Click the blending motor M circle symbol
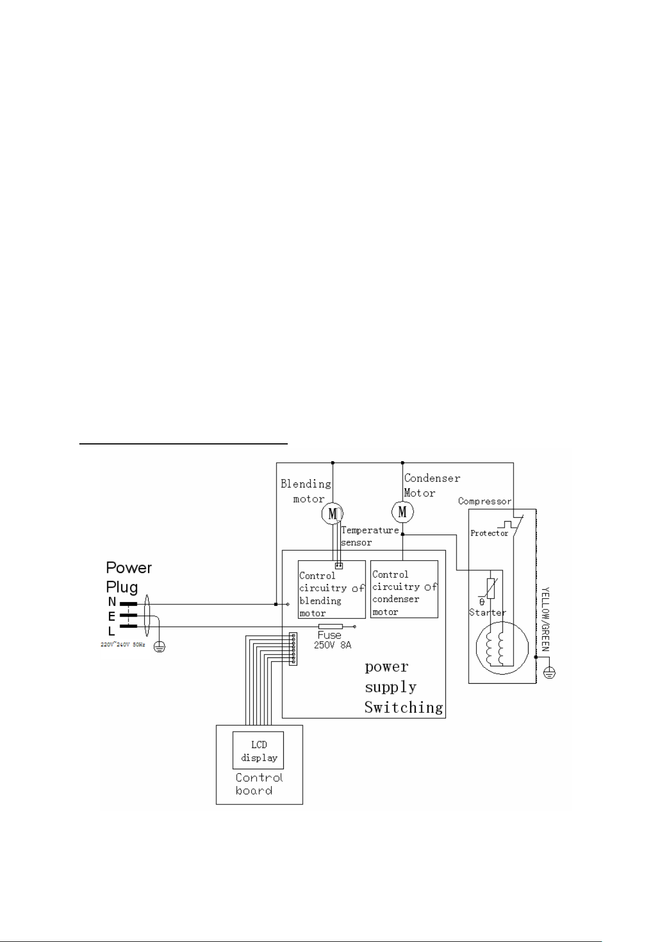332,513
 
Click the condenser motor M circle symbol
402,511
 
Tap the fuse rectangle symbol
330,627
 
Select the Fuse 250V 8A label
332,640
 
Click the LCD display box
258,750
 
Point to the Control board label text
258,784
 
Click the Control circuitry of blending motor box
331,589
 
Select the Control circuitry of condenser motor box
404,589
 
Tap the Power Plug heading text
129,577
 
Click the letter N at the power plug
112,603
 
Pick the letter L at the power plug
112,632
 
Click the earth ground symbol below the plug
159,647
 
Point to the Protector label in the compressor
489,533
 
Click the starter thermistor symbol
491,588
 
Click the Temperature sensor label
369,536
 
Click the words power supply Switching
403,687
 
